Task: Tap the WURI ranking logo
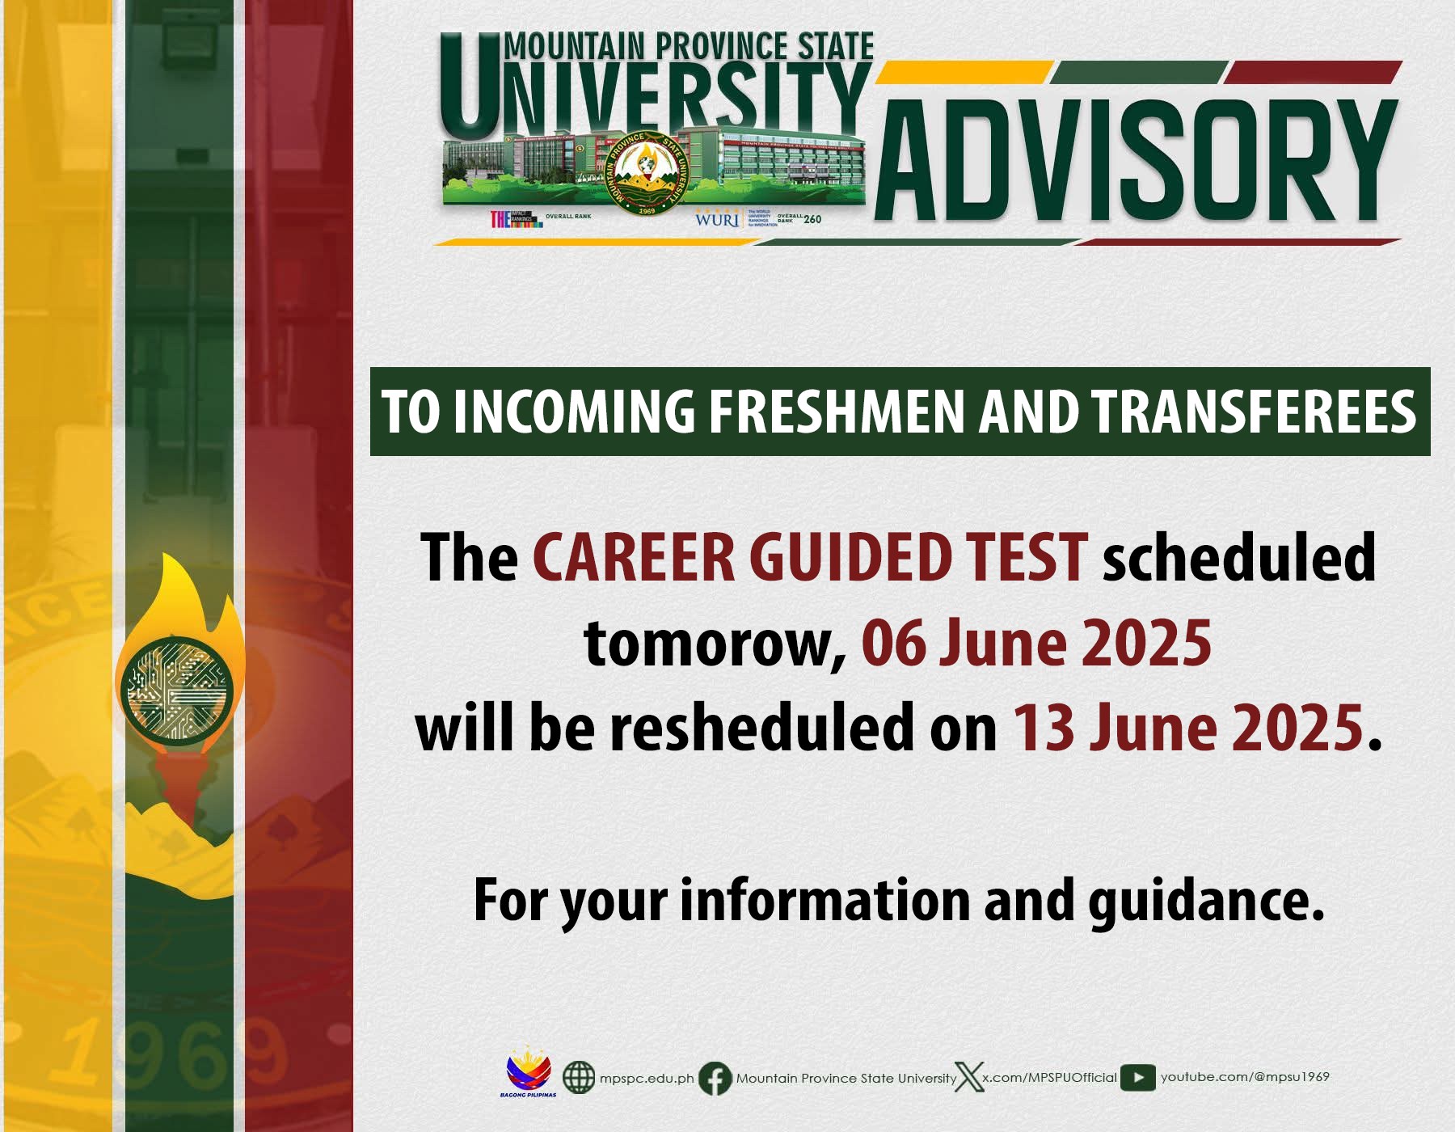(717, 219)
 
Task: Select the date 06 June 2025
(1036, 643)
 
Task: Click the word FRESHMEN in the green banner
(837, 412)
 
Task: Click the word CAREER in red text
(633, 558)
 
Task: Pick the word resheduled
(762, 728)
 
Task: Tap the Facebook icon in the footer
(715, 1078)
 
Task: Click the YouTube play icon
(1137, 1077)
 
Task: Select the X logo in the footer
(968, 1077)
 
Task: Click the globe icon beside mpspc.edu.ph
(578, 1077)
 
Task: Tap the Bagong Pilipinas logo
(529, 1074)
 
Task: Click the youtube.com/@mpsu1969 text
(1245, 1076)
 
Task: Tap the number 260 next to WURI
(812, 219)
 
